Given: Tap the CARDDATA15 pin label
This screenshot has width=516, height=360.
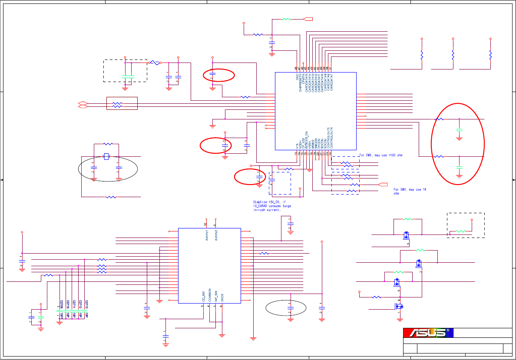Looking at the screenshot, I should coord(306,82).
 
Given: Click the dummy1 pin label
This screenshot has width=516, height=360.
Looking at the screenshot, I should coord(207,235).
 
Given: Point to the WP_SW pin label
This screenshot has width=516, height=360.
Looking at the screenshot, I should coord(216,296).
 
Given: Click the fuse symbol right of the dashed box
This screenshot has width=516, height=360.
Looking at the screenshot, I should coord(155,63).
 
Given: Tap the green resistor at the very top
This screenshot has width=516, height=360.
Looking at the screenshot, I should coord(286,19).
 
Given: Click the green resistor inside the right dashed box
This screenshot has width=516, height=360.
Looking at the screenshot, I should coord(461,231).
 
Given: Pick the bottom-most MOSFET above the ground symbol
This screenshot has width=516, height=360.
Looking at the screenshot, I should coord(400,306).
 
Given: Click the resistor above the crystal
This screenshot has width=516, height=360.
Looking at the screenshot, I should coord(108,144).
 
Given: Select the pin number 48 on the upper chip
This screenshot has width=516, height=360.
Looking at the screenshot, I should coord(296,68).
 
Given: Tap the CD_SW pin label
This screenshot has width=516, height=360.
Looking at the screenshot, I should coord(203,297).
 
